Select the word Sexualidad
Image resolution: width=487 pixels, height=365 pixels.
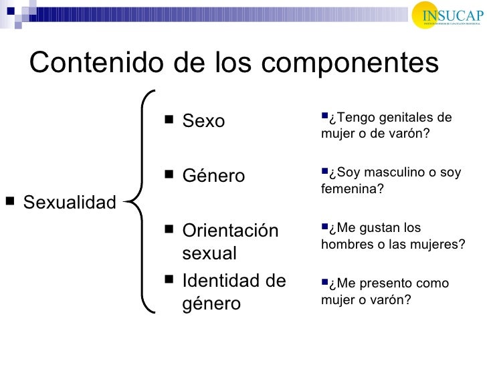click(70, 202)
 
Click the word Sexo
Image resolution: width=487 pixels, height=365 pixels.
click(203, 122)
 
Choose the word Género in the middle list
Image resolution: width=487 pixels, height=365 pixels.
click(213, 176)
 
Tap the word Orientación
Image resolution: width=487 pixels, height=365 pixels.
click(230, 231)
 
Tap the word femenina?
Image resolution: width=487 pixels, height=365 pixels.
click(353, 189)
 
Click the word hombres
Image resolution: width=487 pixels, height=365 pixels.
click(346, 244)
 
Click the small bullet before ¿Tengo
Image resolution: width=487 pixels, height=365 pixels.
click(324, 117)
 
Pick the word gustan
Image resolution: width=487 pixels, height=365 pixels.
click(385, 229)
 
